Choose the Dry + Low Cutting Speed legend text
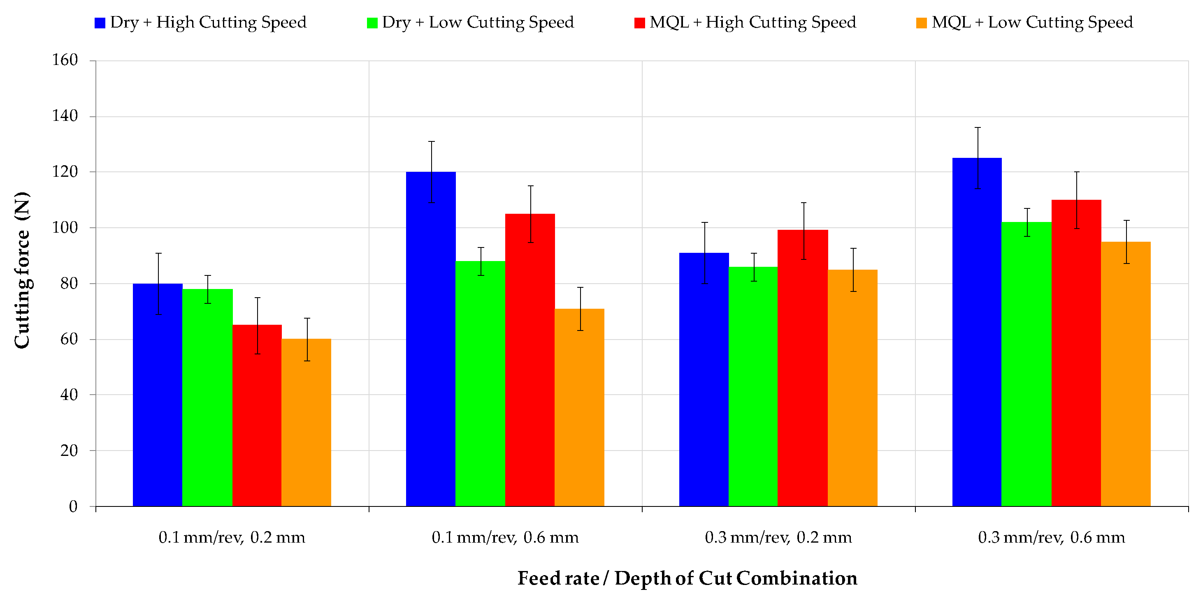[478, 22]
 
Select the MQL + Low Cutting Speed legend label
[1032, 22]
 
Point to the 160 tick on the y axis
[65, 60]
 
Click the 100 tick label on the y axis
[65, 228]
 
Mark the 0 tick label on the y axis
[73, 506]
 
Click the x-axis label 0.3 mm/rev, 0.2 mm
[778, 538]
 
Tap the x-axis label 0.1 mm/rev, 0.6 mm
[505, 538]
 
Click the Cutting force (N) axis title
[22, 270]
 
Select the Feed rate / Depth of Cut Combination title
[687, 578]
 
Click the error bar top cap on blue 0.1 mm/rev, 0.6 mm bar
[432, 141]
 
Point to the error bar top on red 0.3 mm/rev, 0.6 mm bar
[1076, 172]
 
